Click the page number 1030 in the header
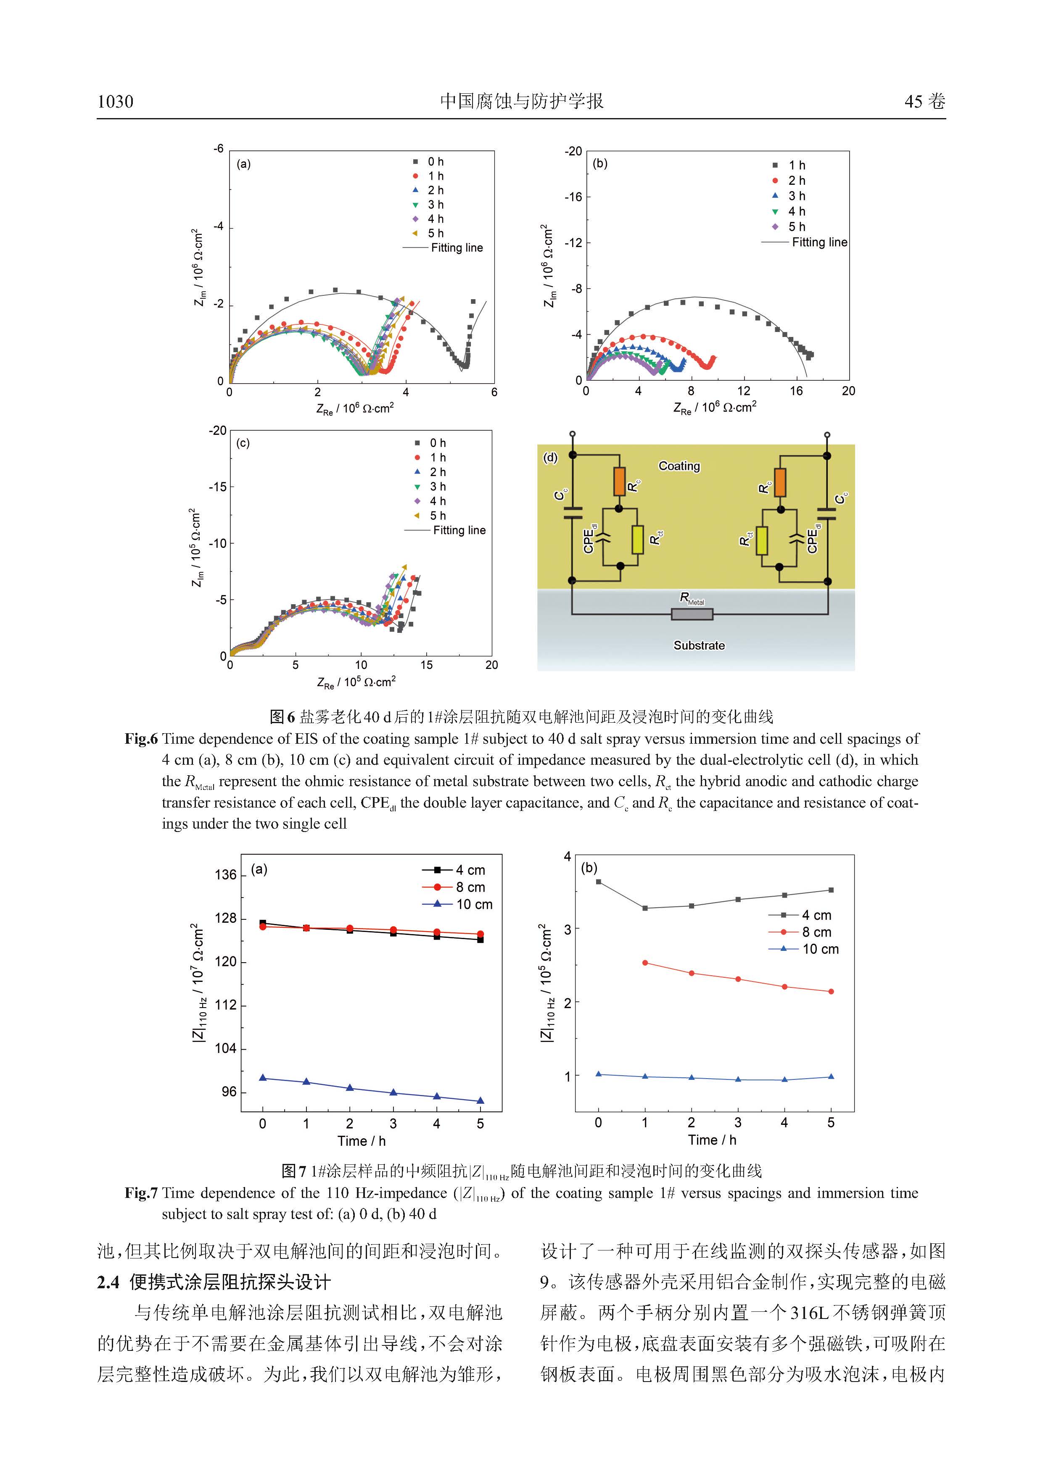pos(116,101)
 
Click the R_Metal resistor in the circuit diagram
pos(692,614)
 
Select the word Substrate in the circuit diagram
pos(699,645)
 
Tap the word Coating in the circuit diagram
pos(679,466)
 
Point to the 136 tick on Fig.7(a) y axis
pos(225,874)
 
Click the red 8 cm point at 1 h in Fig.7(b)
pos(645,963)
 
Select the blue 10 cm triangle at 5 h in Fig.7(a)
pos(481,1101)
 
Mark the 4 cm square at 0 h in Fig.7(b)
pos(599,882)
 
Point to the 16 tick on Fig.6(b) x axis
pos(796,391)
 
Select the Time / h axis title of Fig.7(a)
pos(362,1141)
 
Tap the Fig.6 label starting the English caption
pos(141,739)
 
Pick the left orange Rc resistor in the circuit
pos(619,482)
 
